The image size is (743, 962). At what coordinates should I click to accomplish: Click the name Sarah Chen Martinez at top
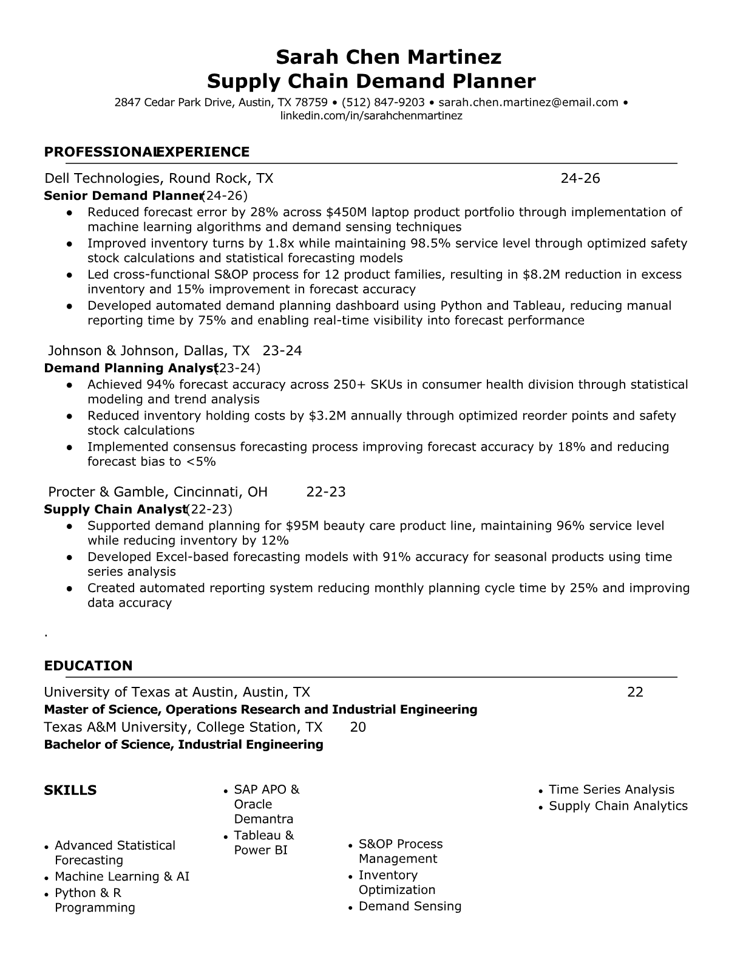tap(388, 57)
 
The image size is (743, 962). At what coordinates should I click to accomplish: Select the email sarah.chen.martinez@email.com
tap(528, 103)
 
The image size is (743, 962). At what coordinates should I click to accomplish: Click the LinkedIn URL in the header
tap(371, 115)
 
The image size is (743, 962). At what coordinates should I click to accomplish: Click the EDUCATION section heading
tap(88, 666)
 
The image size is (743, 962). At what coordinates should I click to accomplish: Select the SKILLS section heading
tap(70, 790)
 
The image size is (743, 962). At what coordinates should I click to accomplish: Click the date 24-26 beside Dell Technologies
tap(580, 178)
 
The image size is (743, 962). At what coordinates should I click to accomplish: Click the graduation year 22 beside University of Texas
tap(635, 692)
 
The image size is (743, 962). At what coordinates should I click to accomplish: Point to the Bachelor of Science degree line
tap(183, 745)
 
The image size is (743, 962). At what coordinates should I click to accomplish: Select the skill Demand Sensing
tap(410, 906)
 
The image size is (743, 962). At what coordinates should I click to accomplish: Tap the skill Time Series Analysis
tap(611, 790)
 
